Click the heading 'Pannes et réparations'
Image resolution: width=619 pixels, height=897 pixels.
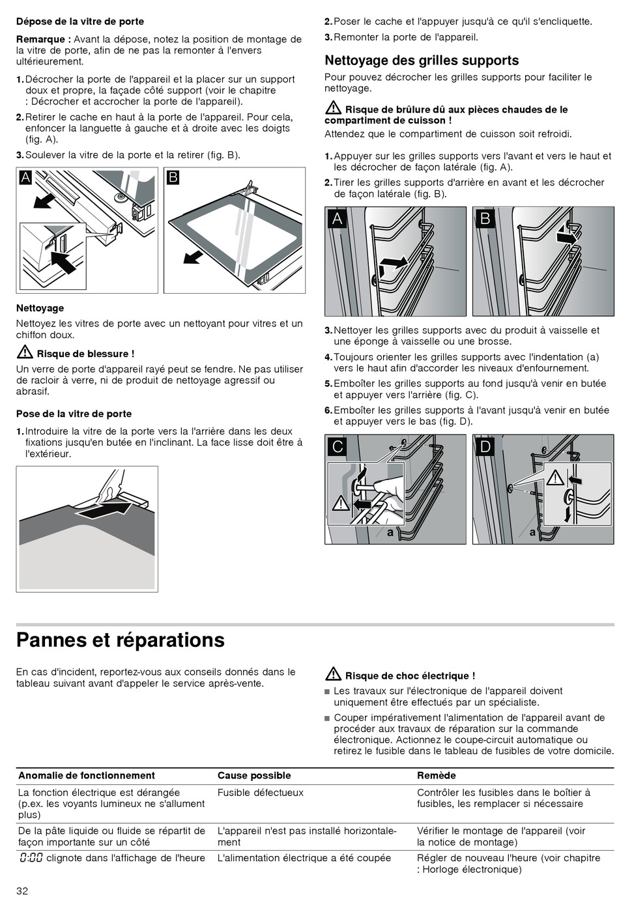(121, 640)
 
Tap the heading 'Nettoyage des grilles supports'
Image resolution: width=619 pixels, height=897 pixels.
(422, 61)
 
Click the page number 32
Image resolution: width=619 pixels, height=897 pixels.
(22, 890)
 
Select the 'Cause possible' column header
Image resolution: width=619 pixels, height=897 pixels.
(254, 775)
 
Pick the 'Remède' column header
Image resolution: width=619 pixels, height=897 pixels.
(437, 775)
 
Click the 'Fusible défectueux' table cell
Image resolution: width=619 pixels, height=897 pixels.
(261, 793)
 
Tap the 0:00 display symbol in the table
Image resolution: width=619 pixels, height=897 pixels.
(31, 858)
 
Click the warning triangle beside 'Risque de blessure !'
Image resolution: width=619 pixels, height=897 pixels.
(25, 353)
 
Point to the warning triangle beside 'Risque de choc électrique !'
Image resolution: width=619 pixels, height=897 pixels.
(333, 674)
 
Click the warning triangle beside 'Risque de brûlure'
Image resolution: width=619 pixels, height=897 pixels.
(333, 108)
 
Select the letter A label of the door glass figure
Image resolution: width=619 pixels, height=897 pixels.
(25, 177)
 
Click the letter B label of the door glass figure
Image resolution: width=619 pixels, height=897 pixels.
(173, 177)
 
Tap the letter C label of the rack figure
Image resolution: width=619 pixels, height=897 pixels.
(338, 446)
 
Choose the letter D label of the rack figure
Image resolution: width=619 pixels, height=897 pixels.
(485, 446)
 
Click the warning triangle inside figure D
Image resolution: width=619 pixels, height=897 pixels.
(555, 478)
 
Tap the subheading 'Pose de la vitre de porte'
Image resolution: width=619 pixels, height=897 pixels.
(74, 414)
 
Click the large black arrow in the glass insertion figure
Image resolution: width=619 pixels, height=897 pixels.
(108, 509)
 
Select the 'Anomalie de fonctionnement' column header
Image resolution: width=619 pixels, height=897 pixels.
(87, 775)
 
